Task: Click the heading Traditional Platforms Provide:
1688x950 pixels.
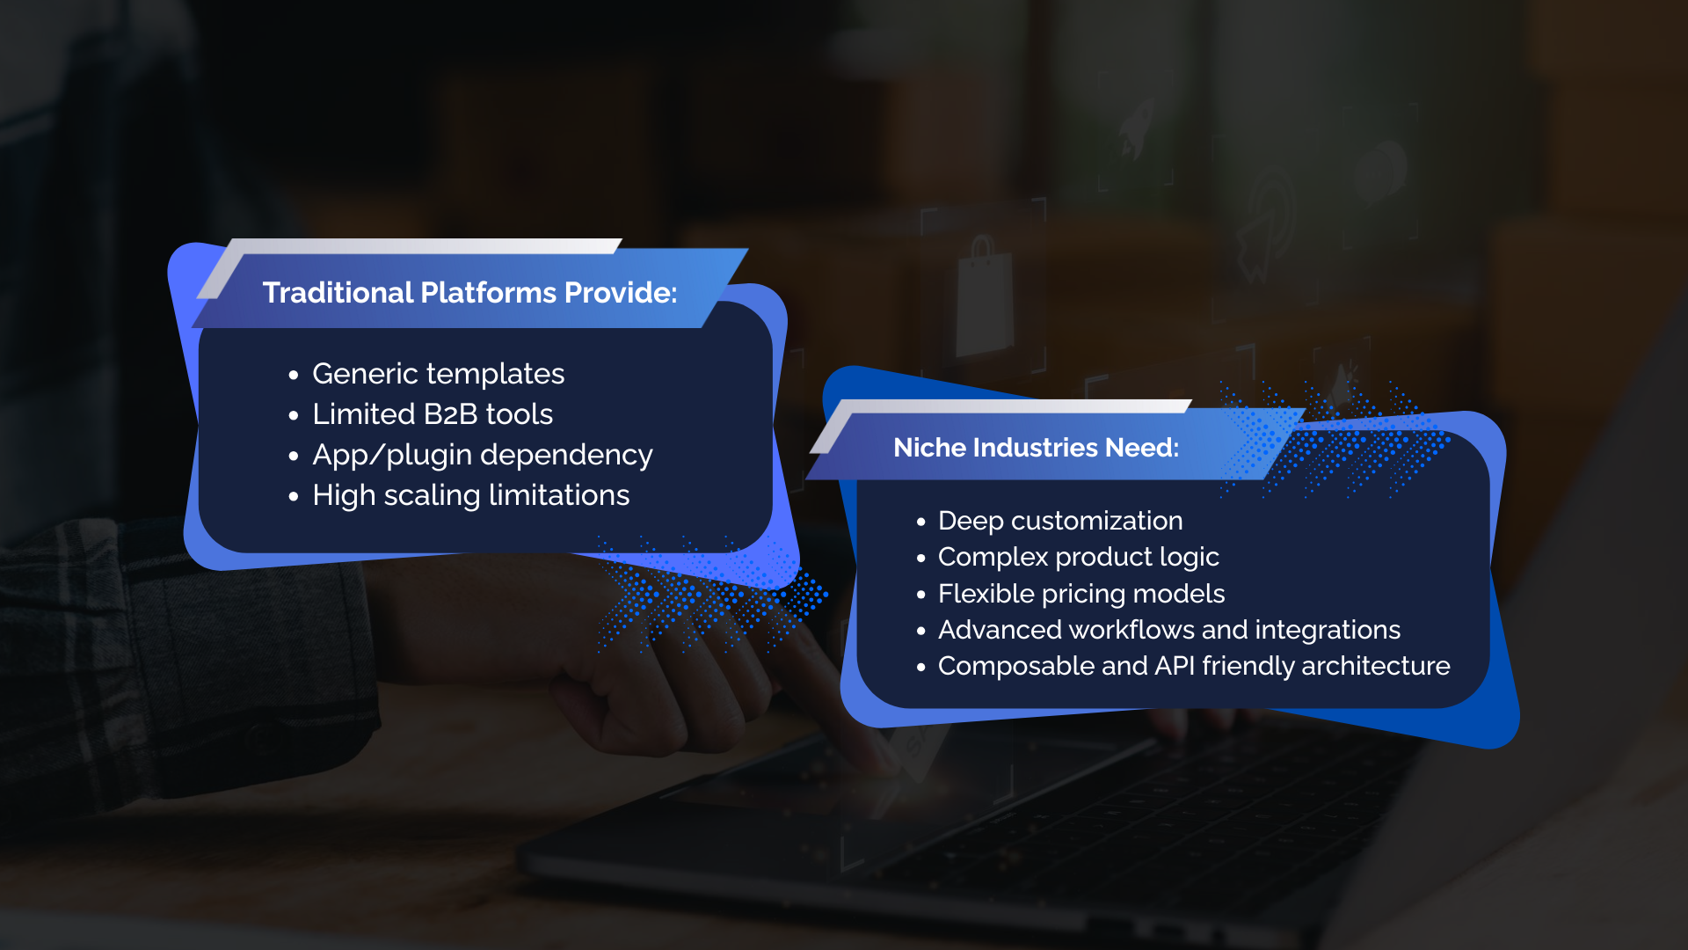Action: pyautogui.click(x=469, y=292)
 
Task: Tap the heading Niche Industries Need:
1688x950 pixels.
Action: pyautogui.click(x=1036, y=448)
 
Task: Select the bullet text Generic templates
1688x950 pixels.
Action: pyautogui.click(x=438, y=375)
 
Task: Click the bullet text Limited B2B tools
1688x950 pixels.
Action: pyautogui.click(x=433, y=414)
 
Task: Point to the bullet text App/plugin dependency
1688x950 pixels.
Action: pyautogui.click(x=483, y=456)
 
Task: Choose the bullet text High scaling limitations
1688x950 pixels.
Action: pyautogui.click(x=471, y=495)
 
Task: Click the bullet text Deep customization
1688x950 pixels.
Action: pyautogui.click(x=1060, y=521)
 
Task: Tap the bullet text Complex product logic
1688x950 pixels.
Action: pyautogui.click(x=1079, y=558)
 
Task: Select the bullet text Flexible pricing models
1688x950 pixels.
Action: pyautogui.click(x=1081, y=595)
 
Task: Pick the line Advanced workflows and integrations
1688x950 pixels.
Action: pyautogui.click(x=1169, y=630)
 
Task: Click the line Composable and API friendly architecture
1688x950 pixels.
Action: pyautogui.click(x=1194, y=667)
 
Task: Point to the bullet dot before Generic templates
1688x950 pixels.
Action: pyautogui.click(x=294, y=376)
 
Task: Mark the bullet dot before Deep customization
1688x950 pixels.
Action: pyautogui.click(x=921, y=522)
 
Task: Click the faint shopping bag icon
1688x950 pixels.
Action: pyautogui.click(x=984, y=296)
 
